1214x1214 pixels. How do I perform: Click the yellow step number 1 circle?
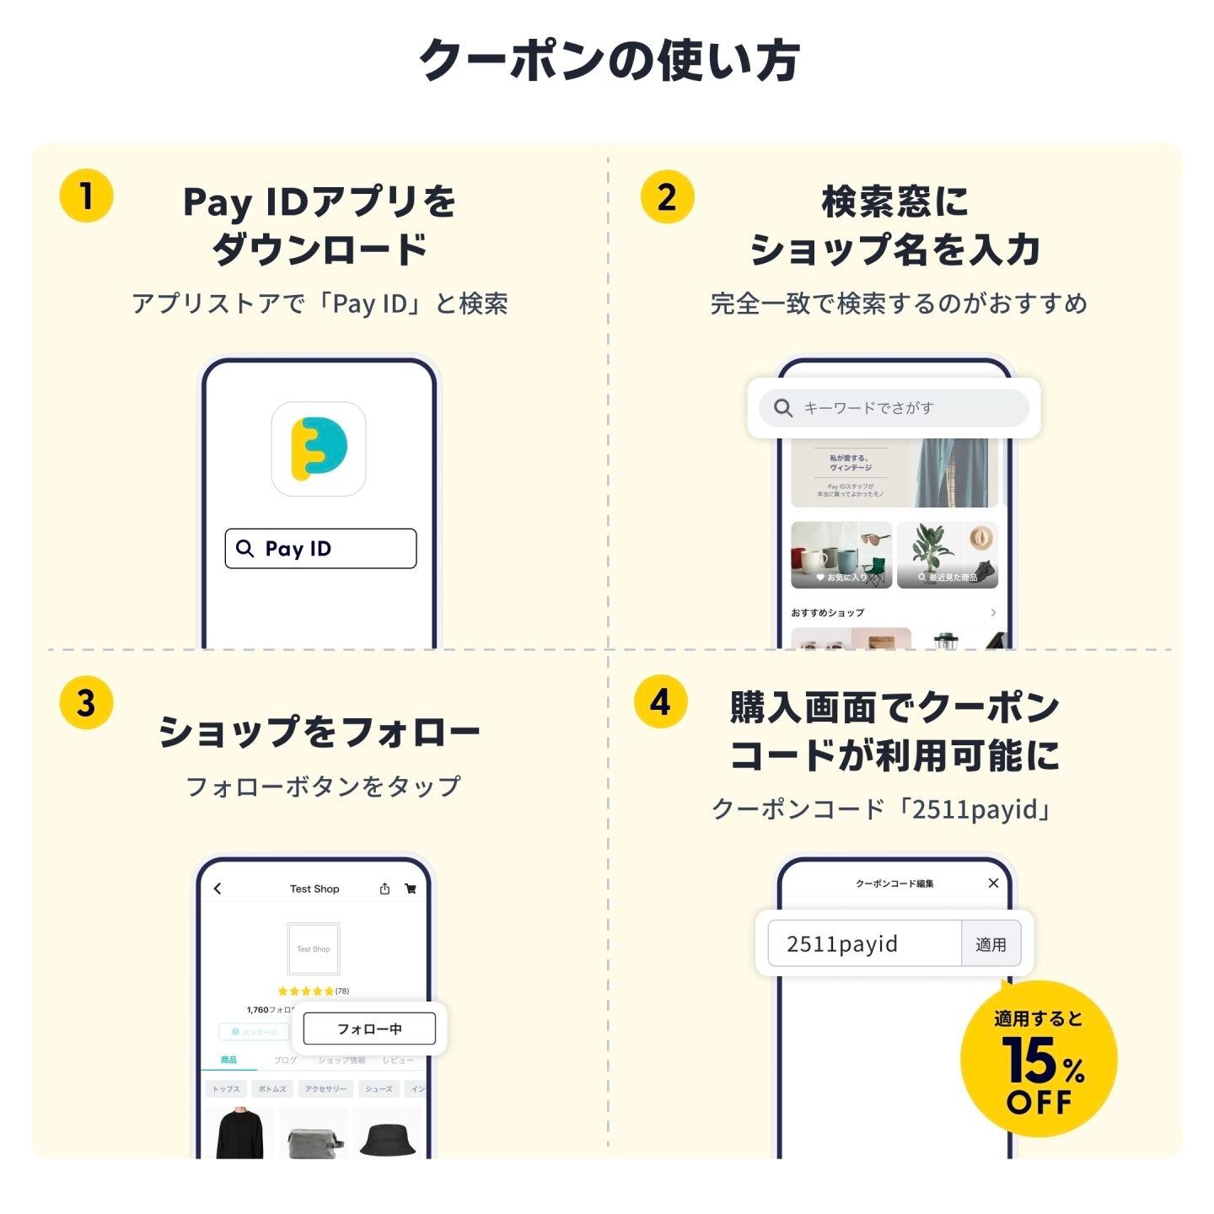pyautogui.click(x=86, y=196)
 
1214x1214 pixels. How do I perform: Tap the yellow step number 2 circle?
pyautogui.click(x=667, y=197)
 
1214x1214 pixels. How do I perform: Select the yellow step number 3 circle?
pyautogui.click(x=86, y=702)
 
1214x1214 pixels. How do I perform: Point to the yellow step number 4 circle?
pyautogui.click(x=660, y=701)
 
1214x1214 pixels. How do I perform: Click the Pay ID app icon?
pyautogui.click(x=319, y=449)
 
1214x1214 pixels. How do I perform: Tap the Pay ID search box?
pyautogui.click(x=320, y=549)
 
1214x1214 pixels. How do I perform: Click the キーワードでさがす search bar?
pyautogui.click(x=894, y=408)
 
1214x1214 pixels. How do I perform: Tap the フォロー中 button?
pyautogui.click(x=369, y=1029)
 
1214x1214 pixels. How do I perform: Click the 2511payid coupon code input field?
pyautogui.click(x=864, y=943)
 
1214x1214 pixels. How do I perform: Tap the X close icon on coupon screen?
pyautogui.click(x=993, y=883)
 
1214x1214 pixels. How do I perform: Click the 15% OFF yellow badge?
pyautogui.click(x=1039, y=1060)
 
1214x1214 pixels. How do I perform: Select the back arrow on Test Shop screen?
pyautogui.click(x=218, y=889)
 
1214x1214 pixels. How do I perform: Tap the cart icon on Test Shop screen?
pyautogui.click(x=411, y=889)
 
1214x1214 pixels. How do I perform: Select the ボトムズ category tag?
pyautogui.click(x=271, y=1088)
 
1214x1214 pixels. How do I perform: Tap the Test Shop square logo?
pyautogui.click(x=313, y=949)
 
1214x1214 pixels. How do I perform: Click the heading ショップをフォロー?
pyautogui.click(x=319, y=732)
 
